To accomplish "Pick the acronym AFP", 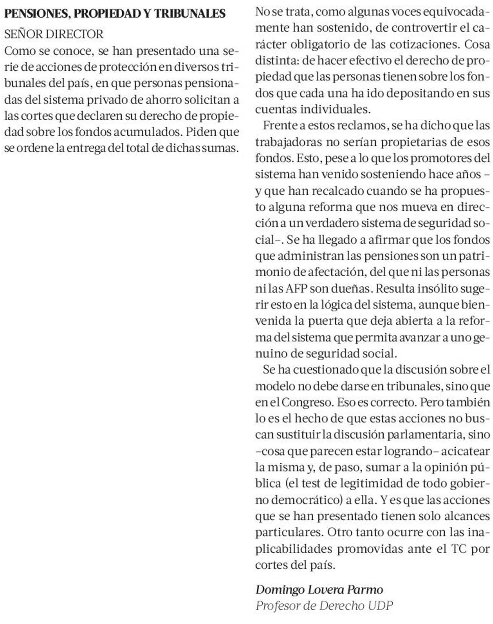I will [x=296, y=289].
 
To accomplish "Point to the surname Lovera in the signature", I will [x=323, y=590].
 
